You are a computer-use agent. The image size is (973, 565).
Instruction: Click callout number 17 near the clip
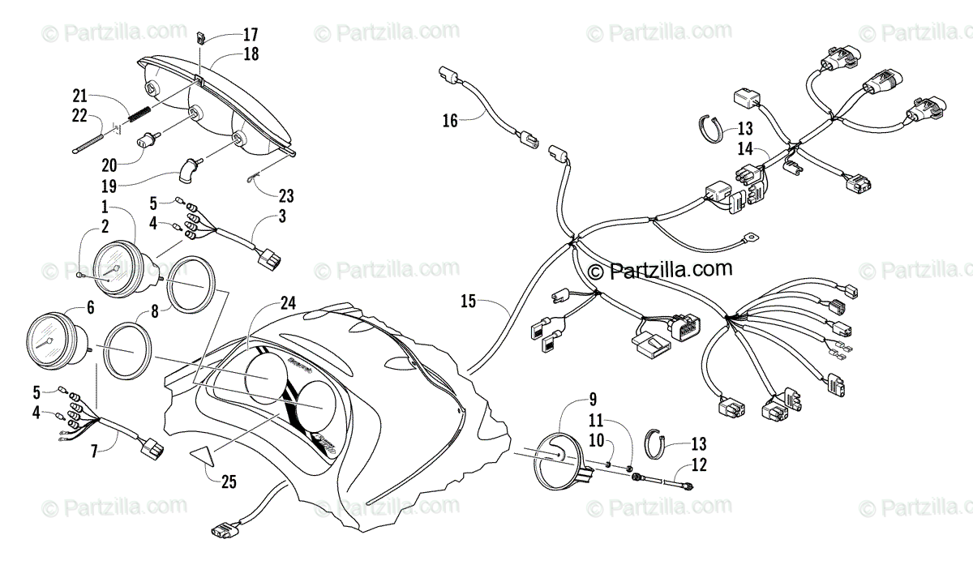pos(250,35)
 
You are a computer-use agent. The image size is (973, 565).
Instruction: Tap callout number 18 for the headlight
pos(250,54)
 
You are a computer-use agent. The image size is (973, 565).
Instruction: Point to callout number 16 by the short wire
pos(450,122)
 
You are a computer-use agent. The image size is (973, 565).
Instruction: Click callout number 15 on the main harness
pos(468,302)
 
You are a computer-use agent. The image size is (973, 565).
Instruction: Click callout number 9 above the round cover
pos(593,398)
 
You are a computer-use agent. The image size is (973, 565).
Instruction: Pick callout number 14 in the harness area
pos(744,148)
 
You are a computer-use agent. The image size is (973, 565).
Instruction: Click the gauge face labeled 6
pos(50,341)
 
